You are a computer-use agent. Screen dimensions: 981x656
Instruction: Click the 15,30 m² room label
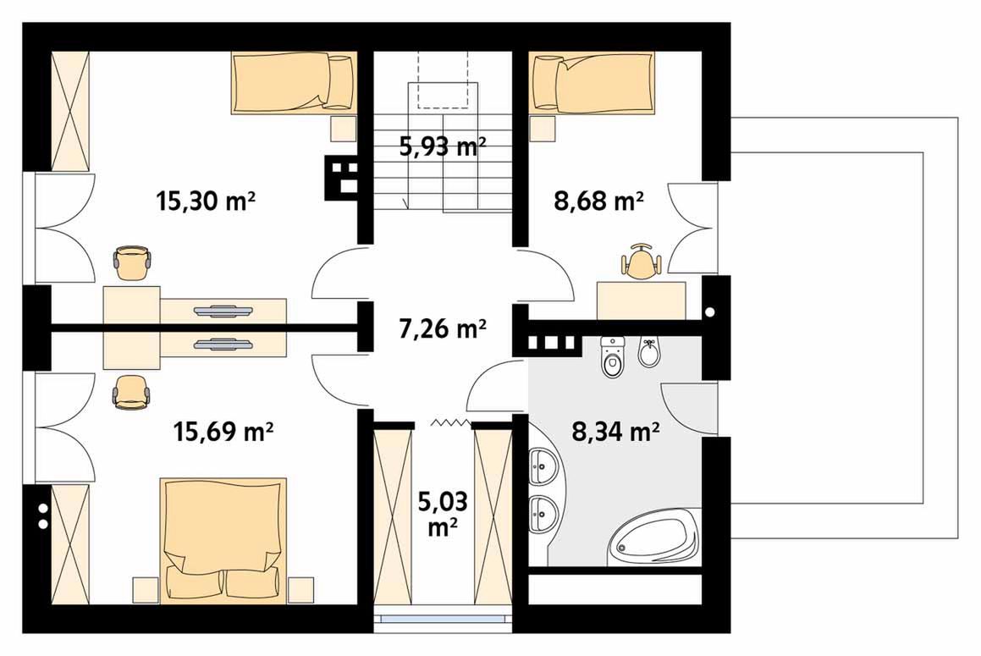coord(205,201)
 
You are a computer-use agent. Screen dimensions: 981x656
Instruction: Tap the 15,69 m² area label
coord(223,432)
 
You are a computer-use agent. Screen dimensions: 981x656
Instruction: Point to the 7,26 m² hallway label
coord(443,328)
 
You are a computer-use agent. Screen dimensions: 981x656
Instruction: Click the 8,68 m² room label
coord(598,201)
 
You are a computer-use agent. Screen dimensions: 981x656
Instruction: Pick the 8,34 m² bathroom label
coord(615,432)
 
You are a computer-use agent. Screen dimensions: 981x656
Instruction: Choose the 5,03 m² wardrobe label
coord(443,514)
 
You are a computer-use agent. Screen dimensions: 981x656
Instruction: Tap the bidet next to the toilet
coord(649,352)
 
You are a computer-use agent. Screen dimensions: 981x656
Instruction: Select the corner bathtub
coord(653,538)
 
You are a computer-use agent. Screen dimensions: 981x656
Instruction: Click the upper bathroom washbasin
coord(543,465)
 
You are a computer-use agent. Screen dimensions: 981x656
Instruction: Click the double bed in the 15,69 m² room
coord(223,541)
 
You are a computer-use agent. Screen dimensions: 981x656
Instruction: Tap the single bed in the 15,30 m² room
coord(295,83)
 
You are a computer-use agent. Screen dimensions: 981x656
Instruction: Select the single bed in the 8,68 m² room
coord(592,83)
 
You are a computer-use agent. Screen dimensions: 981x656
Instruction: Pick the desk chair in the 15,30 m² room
coord(132,263)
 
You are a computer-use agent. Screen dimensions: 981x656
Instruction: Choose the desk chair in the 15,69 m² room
coord(132,393)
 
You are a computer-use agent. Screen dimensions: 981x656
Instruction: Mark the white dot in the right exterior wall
coord(709,311)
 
